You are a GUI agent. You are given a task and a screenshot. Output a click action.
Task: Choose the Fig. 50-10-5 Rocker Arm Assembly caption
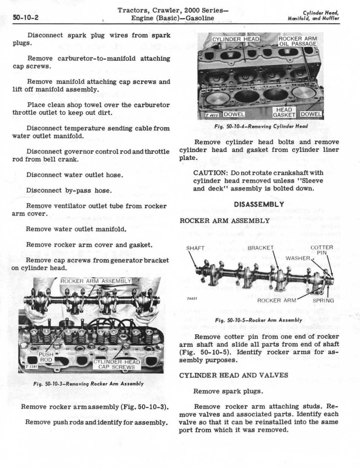[264, 319]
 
